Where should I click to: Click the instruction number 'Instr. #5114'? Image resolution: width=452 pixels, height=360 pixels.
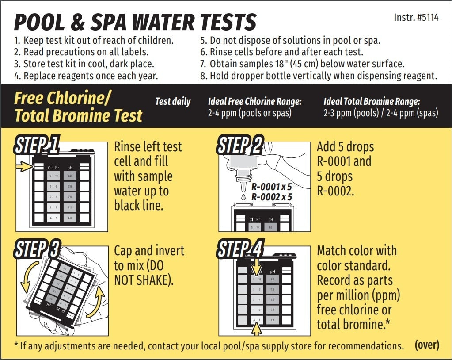coord(416,19)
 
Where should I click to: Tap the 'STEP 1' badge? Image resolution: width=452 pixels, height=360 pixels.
coord(37,145)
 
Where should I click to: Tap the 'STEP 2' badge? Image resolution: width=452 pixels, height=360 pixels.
coord(240,145)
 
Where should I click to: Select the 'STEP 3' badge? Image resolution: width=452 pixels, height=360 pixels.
coord(37,249)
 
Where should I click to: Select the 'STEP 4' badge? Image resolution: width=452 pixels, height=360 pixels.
coord(240,249)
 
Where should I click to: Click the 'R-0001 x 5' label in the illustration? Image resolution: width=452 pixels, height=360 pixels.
coord(271,187)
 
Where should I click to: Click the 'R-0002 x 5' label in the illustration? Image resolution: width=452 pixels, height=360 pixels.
coord(271,197)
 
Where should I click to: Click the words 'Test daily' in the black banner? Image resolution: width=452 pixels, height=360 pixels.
coord(173,102)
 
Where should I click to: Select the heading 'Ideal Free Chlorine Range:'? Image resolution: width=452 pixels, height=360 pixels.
coord(254,102)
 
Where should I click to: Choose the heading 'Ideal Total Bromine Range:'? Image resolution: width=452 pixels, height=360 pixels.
coord(372,102)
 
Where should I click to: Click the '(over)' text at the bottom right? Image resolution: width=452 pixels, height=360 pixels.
coord(426,345)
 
